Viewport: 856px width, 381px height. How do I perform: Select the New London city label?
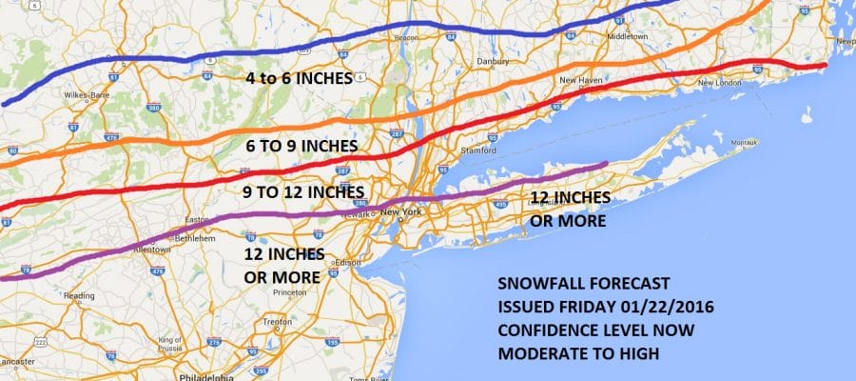(x=719, y=83)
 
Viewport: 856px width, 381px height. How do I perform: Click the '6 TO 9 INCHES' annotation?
(x=301, y=146)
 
